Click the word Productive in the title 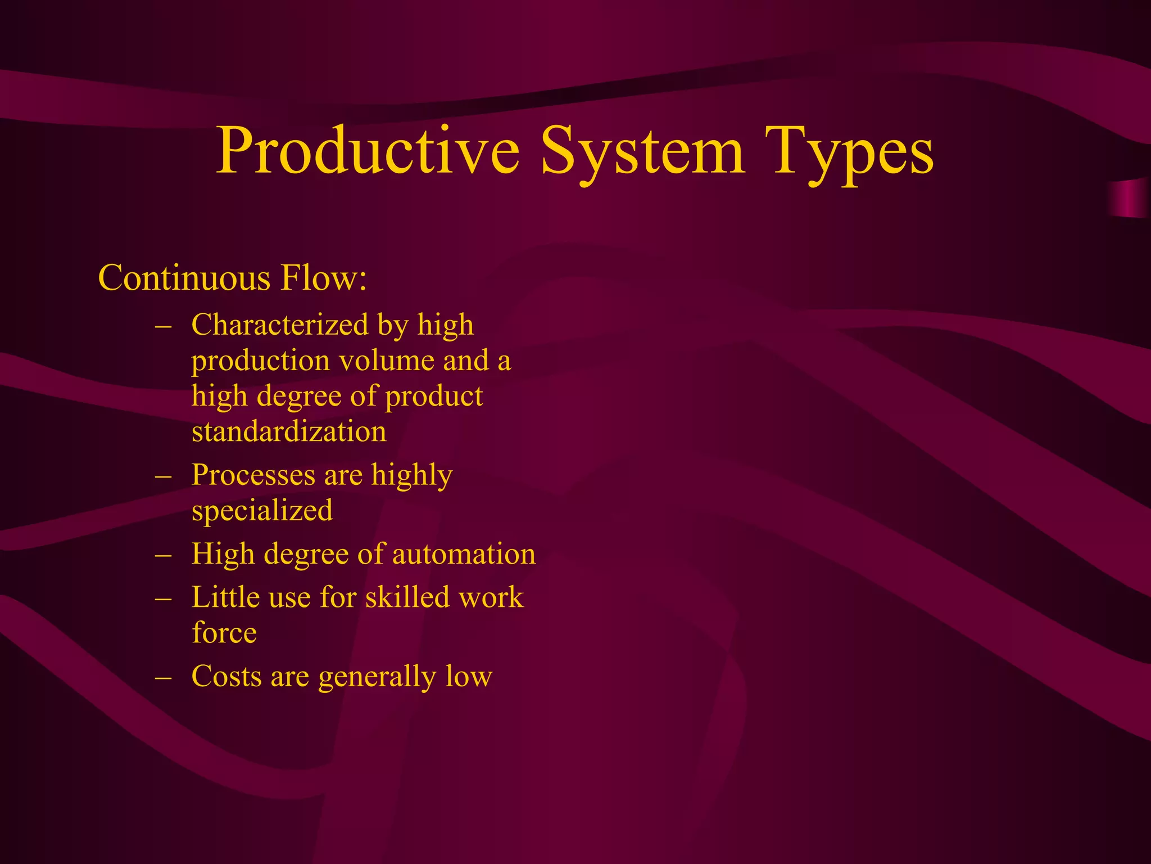[x=368, y=151]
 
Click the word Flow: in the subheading [x=324, y=278]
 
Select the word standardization [x=289, y=431]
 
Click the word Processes [x=253, y=475]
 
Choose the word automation [x=464, y=554]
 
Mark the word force [x=224, y=633]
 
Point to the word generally [x=377, y=677]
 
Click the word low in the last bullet [x=469, y=676]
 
